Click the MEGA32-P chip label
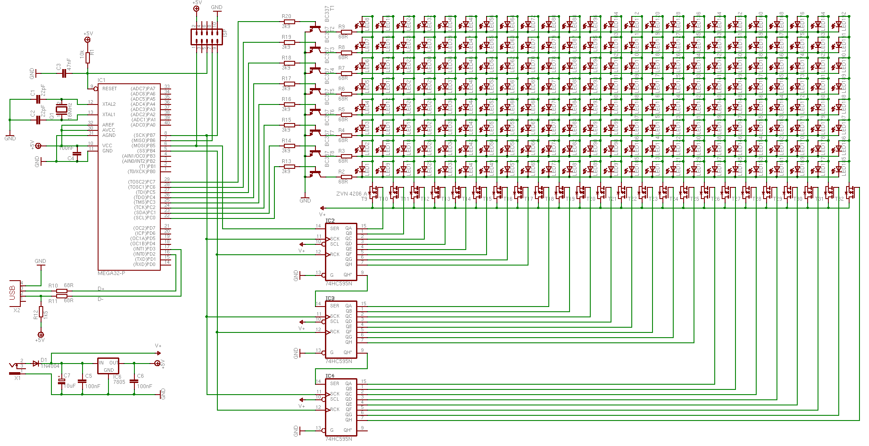pos(111,273)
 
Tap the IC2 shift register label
pos(330,221)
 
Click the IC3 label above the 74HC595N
pos(330,298)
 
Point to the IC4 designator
pos(330,376)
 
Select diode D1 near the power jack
pos(36,364)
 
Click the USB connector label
pos(12,293)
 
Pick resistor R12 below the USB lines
pos(41,312)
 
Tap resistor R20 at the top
pos(289,22)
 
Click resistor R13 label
pos(286,161)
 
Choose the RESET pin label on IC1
pos(109,89)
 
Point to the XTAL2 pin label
pos(109,104)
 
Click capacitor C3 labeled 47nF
pos(64,73)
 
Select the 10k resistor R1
pos(88,57)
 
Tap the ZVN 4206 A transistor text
pos(351,194)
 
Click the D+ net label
pos(101,289)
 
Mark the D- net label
pos(100,299)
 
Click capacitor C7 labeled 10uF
pos(61,381)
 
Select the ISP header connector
pos(207,37)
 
